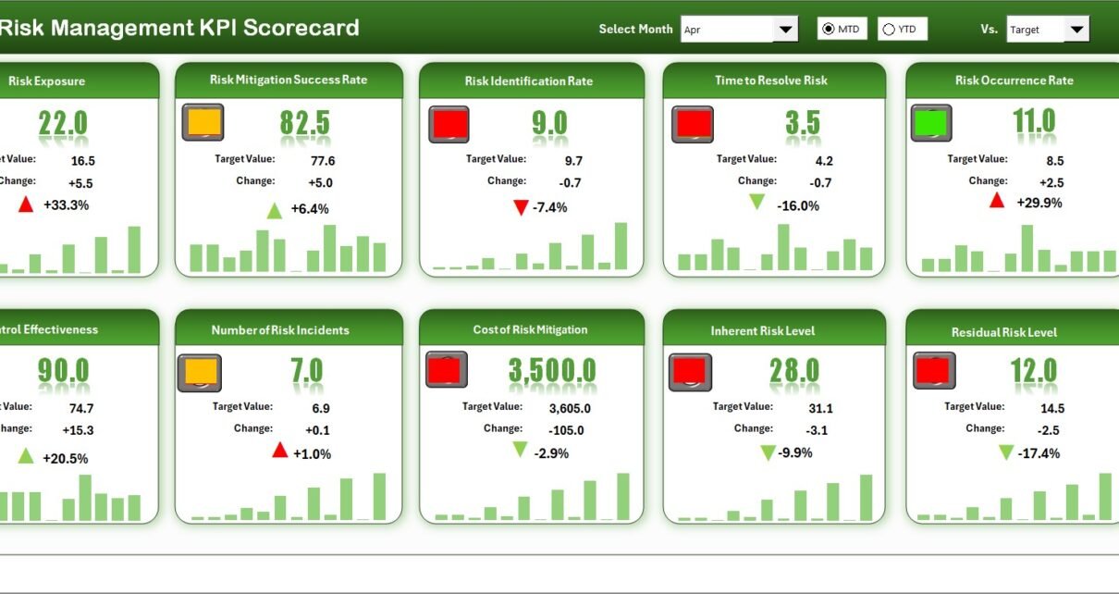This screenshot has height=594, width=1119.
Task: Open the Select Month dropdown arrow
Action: [785, 30]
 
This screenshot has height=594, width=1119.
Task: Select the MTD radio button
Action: [828, 30]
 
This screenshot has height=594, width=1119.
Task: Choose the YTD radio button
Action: [889, 30]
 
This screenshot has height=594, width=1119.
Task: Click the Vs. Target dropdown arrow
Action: [1076, 30]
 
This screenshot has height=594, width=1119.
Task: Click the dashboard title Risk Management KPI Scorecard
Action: [178, 28]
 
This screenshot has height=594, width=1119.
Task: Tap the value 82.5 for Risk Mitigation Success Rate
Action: [304, 123]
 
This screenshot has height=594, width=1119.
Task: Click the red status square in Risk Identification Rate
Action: [449, 124]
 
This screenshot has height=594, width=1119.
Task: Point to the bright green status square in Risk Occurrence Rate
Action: [931, 123]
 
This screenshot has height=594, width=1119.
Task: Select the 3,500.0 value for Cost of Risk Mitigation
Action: [552, 371]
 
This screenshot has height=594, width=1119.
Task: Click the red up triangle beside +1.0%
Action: [280, 451]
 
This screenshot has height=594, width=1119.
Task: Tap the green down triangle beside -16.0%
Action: [757, 203]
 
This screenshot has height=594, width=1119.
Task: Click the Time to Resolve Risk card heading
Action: [770, 80]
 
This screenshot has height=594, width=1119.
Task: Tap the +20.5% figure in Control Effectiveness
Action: [65, 458]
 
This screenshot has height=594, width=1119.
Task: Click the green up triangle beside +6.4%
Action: [275, 211]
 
